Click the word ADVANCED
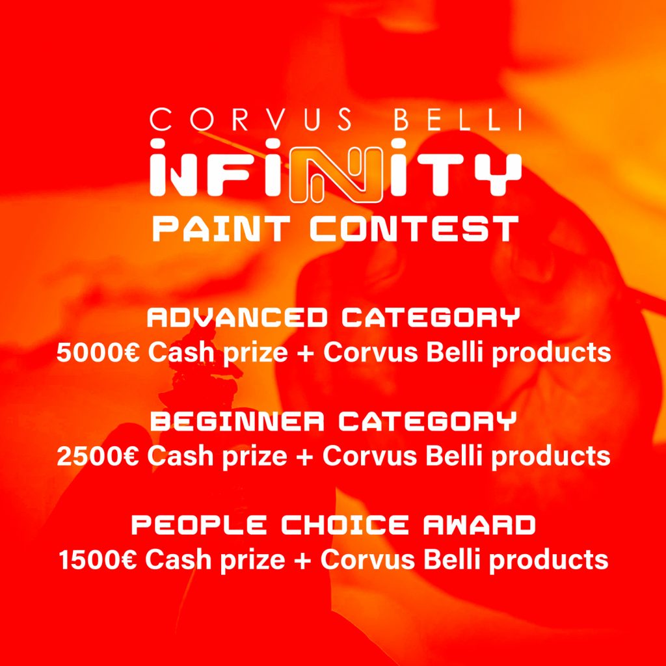point(237,318)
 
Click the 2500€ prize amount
point(98,456)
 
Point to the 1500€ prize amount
point(98,559)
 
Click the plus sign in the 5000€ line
point(305,353)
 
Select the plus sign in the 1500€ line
point(305,560)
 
